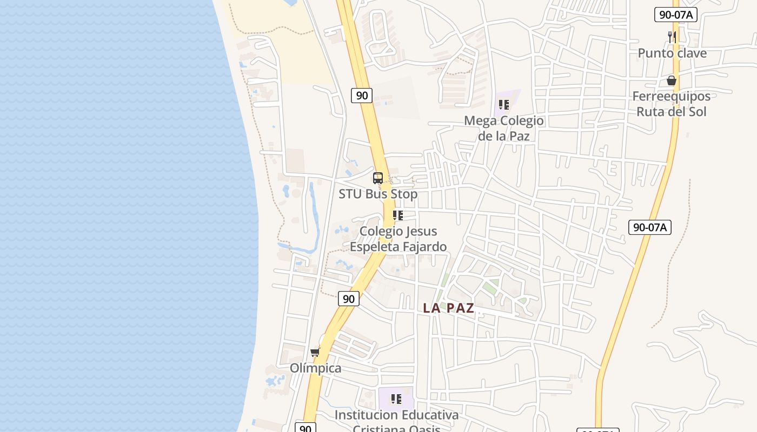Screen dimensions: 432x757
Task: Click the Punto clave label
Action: [x=672, y=53]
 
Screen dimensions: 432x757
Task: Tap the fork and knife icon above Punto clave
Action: [x=672, y=37]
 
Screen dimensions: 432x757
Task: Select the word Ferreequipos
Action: [x=672, y=96]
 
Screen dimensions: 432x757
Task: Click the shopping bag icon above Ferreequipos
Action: [x=672, y=80]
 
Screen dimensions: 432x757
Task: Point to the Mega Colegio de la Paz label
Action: [x=504, y=128]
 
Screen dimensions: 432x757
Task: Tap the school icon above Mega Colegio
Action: [x=504, y=104]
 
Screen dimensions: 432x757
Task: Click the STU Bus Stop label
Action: [x=378, y=194]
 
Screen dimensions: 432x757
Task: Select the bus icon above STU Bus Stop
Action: [x=378, y=178]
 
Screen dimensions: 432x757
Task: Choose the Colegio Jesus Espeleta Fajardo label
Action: [x=399, y=239]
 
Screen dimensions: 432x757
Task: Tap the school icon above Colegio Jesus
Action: [x=398, y=215]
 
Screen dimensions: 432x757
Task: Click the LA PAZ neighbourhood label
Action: [x=448, y=308]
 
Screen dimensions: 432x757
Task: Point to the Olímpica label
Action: [x=316, y=368]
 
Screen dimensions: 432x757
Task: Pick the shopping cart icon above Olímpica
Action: [x=315, y=352]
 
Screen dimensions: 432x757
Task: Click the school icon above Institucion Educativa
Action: [x=396, y=399]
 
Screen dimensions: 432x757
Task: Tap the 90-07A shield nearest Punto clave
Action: [x=675, y=15]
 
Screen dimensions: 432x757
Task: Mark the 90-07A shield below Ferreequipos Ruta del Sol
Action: [x=650, y=227]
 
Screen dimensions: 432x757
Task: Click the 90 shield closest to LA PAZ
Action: [x=349, y=299]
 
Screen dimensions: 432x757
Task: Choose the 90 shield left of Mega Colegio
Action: [x=362, y=96]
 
